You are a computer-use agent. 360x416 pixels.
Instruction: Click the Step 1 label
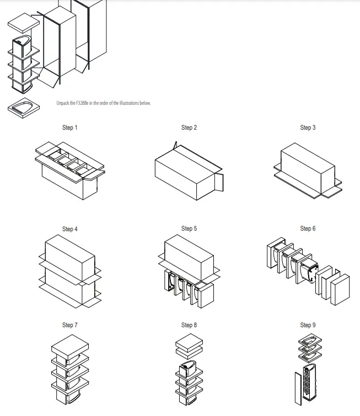tap(69, 127)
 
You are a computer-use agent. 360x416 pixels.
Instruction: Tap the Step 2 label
tap(189, 127)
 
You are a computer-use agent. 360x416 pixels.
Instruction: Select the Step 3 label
tap(308, 127)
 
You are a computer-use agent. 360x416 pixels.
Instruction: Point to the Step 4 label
tap(69, 229)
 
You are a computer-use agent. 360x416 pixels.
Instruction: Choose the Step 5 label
tap(189, 228)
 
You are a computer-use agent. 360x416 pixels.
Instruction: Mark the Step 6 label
tap(308, 228)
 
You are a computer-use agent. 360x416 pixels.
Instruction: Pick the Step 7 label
tap(69, 325)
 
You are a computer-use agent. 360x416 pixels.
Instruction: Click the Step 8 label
tap(189, 325)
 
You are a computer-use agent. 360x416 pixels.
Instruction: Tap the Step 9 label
tap(308, 325)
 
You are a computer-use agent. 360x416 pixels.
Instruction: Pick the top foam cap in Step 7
tap(69, 344)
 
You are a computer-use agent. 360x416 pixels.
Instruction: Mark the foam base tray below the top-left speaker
tap(24, 108)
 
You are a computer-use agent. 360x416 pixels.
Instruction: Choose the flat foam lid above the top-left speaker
tap(24, 23)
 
